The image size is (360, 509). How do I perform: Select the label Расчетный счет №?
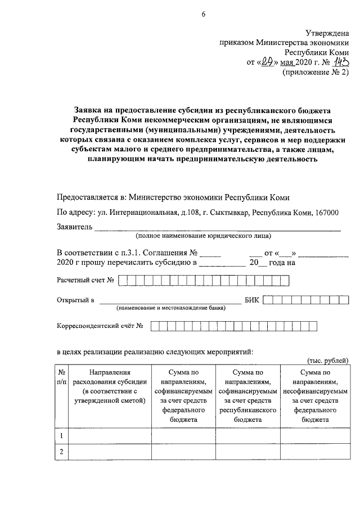[86, 280]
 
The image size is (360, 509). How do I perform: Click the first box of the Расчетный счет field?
[123, 280]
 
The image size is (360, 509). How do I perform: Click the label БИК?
[253, 300]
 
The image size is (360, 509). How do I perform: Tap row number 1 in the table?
[61, 435]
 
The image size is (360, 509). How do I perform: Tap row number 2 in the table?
[61, 452]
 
